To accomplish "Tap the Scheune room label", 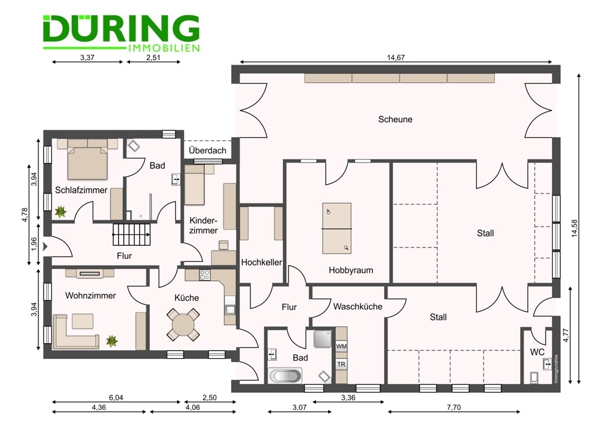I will [396, 119].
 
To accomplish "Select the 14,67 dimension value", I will [395, 58].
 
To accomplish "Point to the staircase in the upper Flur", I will [132, 234].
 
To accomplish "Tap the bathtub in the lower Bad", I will [285, 376].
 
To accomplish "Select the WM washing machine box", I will [341, 347].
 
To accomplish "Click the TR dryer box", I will [341, 365].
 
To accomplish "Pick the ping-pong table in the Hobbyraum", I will [336, 229].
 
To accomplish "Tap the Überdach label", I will [207, 150].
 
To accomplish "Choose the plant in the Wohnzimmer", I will [112, 341].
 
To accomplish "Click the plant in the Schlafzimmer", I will [61, 211].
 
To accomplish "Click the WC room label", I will [537, 352].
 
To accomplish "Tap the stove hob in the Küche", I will [205, 275].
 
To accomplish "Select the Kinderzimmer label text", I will [203, 226].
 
